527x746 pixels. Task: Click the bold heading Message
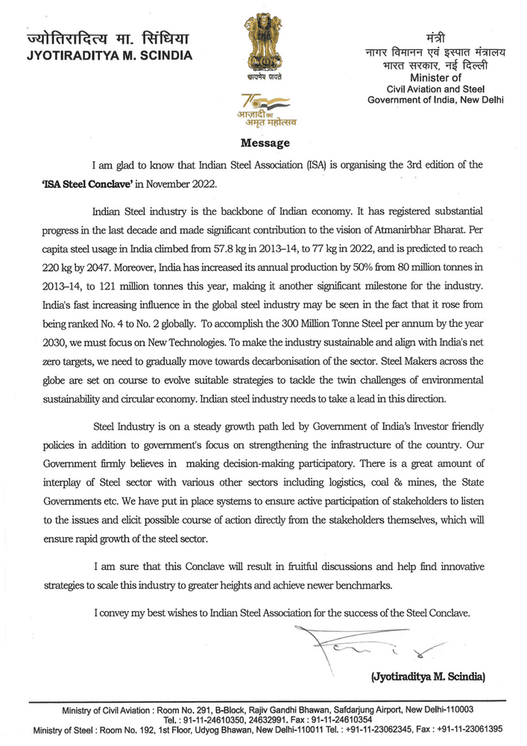(265, 142)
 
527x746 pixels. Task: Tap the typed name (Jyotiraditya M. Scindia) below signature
(428, 677)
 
